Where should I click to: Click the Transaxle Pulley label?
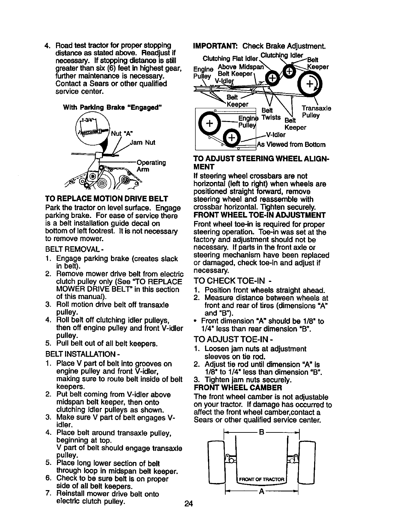[x=316, y=112]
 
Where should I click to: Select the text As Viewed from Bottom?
[x=291, y=144]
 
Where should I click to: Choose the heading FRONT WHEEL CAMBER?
[x=238, y=388]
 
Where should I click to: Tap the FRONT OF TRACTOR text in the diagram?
[x=262, y=478]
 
